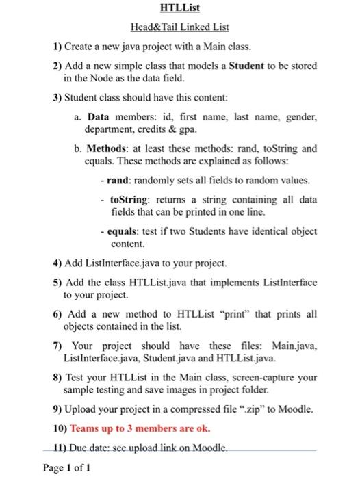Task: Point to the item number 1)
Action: [58, 48]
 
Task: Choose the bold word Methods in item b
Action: [109, 148]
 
